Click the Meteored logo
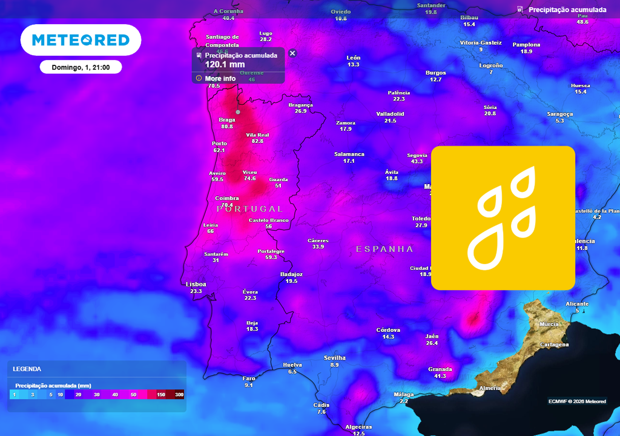81,40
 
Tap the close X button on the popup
292,53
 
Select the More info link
220,78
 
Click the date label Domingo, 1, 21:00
81,67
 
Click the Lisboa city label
196,284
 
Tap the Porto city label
219,144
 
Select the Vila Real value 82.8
257,141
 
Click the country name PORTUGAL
249,208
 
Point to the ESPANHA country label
384,249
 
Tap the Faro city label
249,378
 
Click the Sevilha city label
334,358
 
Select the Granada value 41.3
440,376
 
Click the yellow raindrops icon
503,218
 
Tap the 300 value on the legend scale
179,394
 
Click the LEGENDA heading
27,369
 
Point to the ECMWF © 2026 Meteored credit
577,401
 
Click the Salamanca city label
349,154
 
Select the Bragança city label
300,105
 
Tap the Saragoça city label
559,114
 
